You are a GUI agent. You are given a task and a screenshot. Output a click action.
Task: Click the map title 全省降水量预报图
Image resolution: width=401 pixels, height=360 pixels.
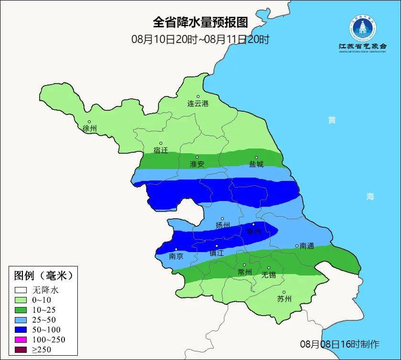(x=200, y=22)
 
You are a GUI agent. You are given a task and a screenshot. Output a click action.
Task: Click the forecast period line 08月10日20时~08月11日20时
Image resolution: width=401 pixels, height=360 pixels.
(x=200, y=39)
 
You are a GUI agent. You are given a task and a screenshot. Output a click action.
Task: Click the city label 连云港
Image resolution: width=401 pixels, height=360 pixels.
(x=198, y=103)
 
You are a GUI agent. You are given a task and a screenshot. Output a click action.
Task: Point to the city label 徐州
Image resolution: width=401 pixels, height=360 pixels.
(x=89, y=128)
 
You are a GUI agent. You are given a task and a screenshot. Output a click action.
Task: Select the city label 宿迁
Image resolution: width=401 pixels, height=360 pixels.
(x=161, y=150)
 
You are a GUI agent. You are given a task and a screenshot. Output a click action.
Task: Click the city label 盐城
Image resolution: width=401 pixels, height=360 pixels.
(x=256, y=164)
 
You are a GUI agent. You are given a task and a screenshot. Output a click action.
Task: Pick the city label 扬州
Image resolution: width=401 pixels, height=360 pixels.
(x=222, y=225)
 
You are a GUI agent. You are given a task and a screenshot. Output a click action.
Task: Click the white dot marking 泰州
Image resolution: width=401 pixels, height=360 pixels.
(x=253, y=224)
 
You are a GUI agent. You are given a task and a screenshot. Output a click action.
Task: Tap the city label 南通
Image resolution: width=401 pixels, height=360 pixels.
(x=306, y=246)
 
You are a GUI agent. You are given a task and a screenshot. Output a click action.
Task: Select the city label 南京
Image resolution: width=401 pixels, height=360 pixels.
(x=176, y=256)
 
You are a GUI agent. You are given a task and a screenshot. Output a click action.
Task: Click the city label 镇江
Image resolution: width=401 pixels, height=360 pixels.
(x=216, y=253)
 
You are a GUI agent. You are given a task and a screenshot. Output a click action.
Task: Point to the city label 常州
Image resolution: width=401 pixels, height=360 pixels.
(x=244, y=272)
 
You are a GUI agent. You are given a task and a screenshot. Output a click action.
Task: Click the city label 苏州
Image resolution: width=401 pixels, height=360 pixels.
(x=284, y=299)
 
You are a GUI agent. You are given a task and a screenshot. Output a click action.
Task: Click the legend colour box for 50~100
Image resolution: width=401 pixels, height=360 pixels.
(x=21, y=329)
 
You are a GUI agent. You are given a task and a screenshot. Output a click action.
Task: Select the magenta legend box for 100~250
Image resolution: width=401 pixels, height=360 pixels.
(x=21, y=339)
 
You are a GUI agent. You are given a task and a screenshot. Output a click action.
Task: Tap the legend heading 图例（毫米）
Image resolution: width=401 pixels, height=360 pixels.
(x=43, y=276)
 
